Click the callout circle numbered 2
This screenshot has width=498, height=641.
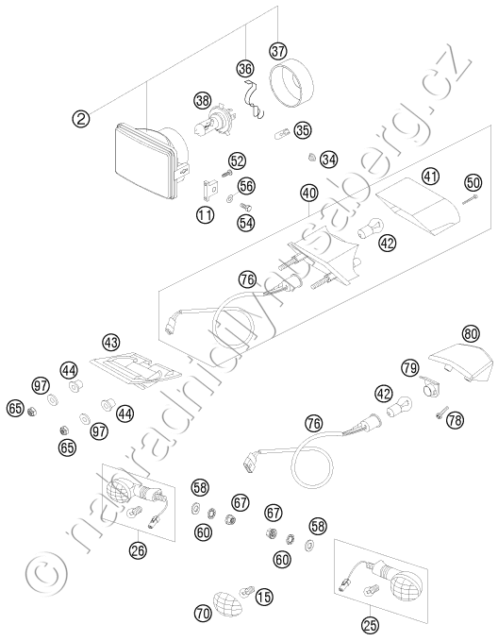pos(81,119)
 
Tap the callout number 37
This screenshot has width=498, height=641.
pos(278,52)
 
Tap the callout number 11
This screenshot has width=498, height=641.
pos(205,214)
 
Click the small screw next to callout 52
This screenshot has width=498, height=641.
pos(226,174)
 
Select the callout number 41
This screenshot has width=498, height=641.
pos(430,177)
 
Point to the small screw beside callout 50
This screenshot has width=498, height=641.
pos(471,200)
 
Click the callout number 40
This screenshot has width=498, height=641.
pos(309,193)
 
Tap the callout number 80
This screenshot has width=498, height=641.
pos(471,333)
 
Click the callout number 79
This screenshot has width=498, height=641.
pos(409,369)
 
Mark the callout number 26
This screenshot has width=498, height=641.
pos(138,550)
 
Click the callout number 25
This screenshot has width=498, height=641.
pos(370,624)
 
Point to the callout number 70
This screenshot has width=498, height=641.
pos(204,613)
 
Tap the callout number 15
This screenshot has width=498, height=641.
pos(264,597)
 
